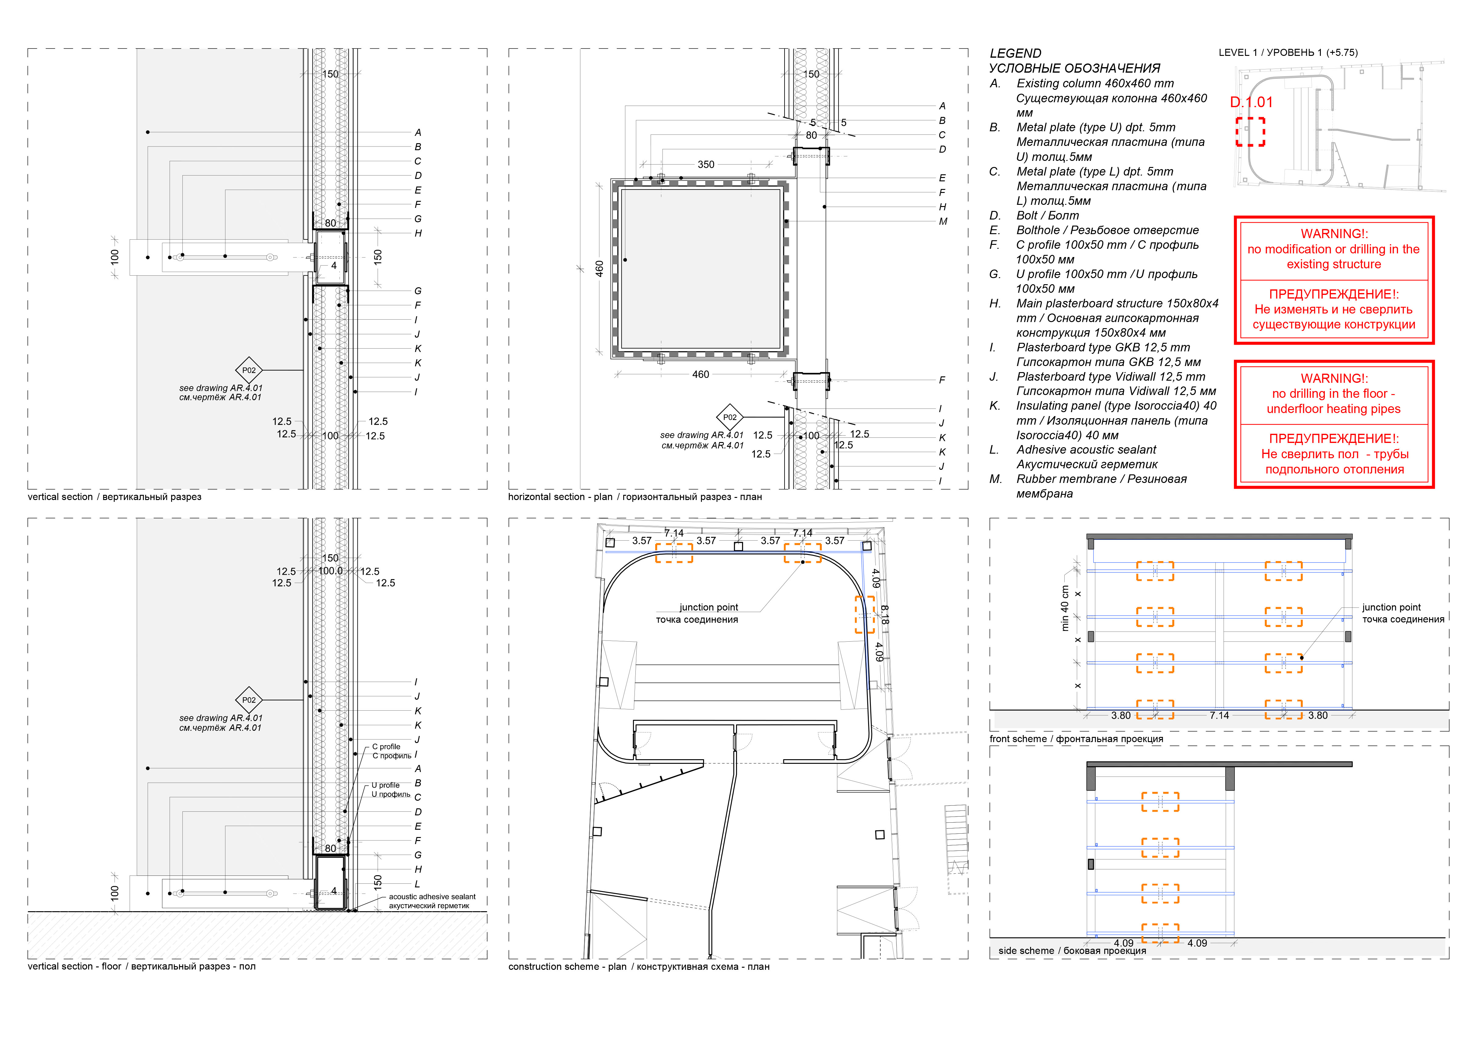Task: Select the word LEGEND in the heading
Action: click(1015, 53)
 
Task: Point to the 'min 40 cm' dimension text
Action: click(1065, 608)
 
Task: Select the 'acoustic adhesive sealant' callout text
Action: click(432, 897)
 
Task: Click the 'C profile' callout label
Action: click(386, 747)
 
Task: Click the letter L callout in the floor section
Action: click(418, 884)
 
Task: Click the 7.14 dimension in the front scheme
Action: click(1219, 715)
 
